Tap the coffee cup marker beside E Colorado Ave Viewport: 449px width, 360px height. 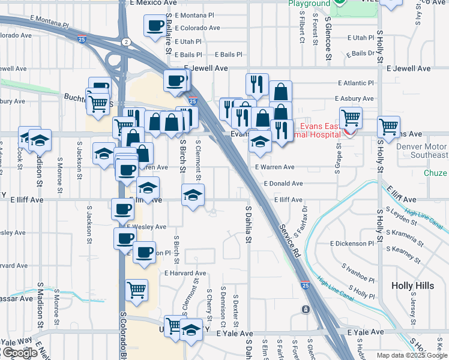coord(155,26)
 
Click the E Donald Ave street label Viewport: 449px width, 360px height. coord(283,183)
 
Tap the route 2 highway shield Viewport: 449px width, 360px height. coord(125,41)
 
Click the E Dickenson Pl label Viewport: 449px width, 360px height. coord(352,244)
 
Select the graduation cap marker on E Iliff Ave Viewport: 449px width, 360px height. coord(193,195)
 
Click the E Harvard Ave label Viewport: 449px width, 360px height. coord(185,273)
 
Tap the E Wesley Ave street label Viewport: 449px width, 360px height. coord(146,227)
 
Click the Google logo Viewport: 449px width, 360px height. coord(19,353)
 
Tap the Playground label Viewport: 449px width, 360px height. coord(309,4)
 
